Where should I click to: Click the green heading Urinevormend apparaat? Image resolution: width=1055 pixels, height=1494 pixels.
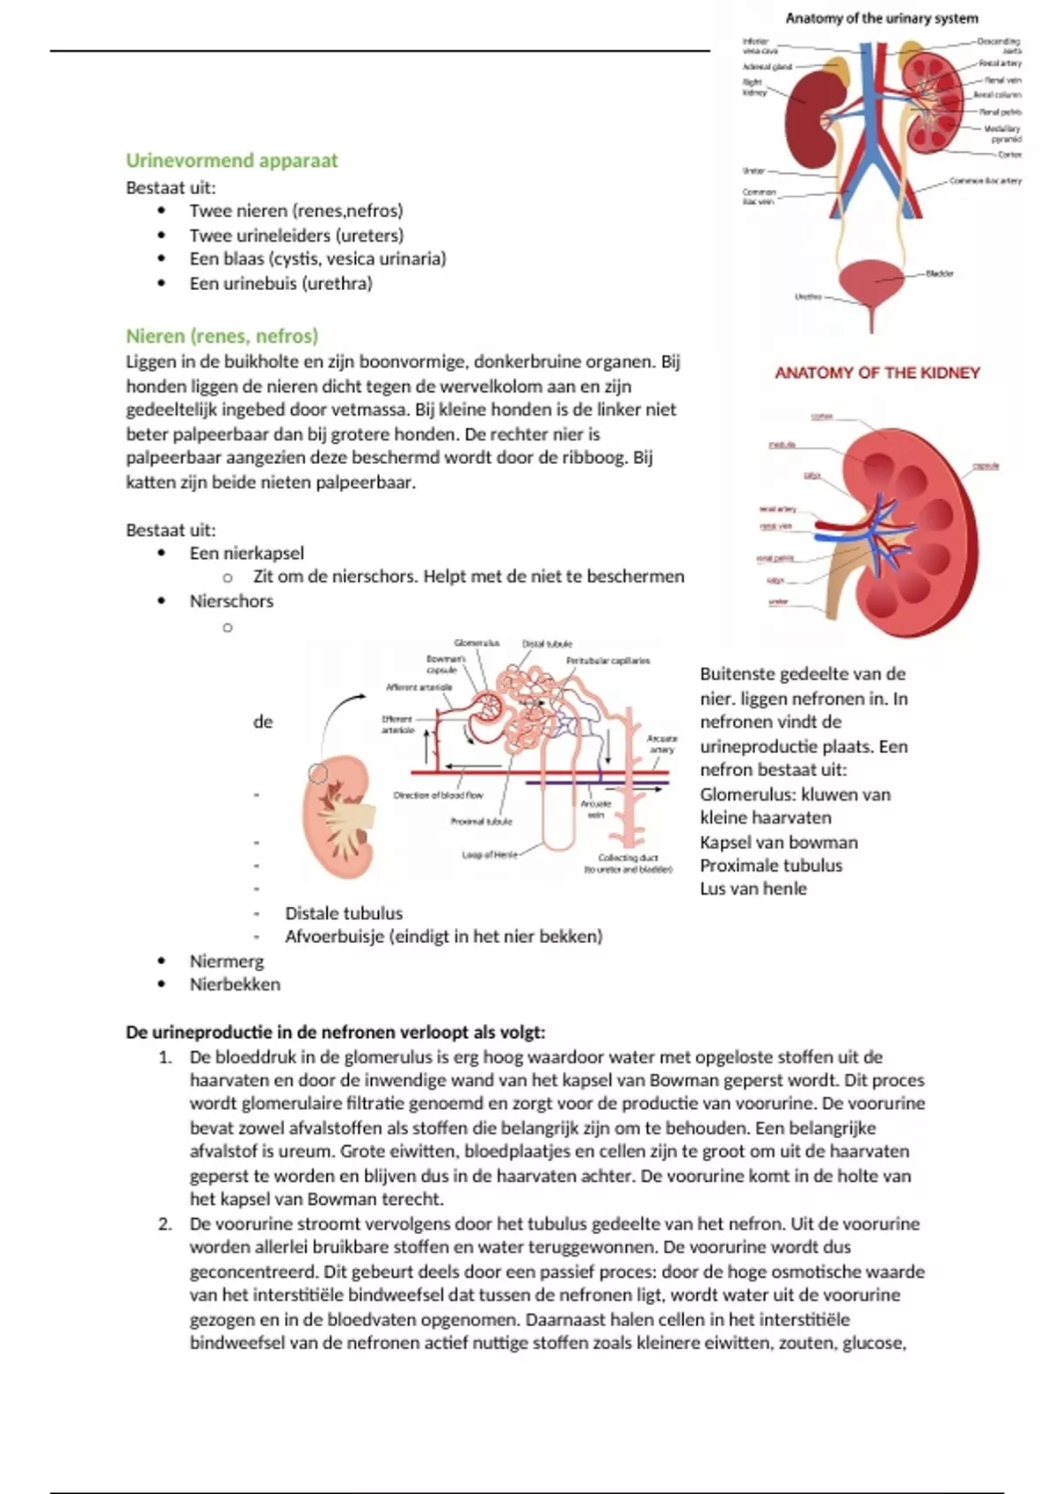[x=231, y=160]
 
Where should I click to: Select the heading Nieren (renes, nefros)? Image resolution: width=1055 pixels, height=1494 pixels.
[x=222, y=336]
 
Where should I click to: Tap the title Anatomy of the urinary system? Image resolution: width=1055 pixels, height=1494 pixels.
[x=881, y=18]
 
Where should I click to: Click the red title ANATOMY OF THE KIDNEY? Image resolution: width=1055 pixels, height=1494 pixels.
[x=877, y=373]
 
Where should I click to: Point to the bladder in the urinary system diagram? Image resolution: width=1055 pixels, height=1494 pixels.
[x=871, y=283]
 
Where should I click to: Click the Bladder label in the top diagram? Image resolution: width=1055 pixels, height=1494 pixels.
[x=939, y=273]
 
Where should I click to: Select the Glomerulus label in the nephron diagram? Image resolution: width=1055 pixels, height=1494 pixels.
[x=477, y=643]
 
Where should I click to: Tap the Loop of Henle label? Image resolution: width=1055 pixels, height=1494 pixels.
[x=490, y=854]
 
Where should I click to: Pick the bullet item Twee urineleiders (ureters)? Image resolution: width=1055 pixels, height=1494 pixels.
[x=296, y=235]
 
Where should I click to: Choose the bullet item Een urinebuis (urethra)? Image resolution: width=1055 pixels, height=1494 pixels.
[x=280, y=283]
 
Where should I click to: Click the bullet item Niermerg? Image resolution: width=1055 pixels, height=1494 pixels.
[x=226, y=961]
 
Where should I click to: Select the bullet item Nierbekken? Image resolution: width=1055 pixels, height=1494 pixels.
[x=235, y=984]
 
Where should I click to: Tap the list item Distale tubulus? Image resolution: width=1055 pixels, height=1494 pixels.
[x=344, y=913]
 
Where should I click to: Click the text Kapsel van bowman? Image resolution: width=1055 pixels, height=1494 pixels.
[x=778, y=842]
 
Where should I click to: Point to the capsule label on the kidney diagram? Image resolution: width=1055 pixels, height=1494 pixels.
[x=986, y=466]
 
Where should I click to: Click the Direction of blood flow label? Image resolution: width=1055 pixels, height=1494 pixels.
[x=438, y=795]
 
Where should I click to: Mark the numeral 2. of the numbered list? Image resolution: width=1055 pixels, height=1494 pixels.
[x=165, y=1223]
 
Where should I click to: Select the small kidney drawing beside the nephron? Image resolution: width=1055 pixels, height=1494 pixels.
[x=337, y=817]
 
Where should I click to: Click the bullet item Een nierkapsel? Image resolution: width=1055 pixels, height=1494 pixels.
[x=246, y=553]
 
